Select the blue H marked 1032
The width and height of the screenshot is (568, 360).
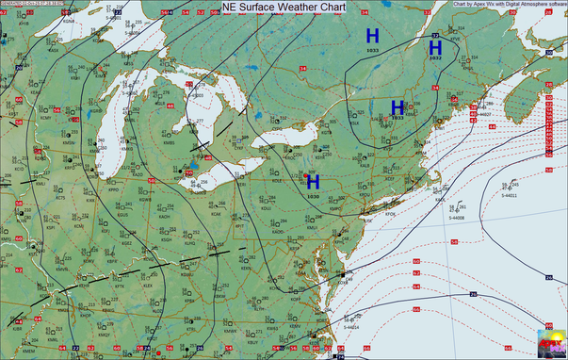click(435, 47)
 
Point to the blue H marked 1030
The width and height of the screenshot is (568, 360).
click(313, 181)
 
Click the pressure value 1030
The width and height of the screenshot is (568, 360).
click(313, 196)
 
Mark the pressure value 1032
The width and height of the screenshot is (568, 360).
click(435, 58)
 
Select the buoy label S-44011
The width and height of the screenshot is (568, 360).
click(509, 195)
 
